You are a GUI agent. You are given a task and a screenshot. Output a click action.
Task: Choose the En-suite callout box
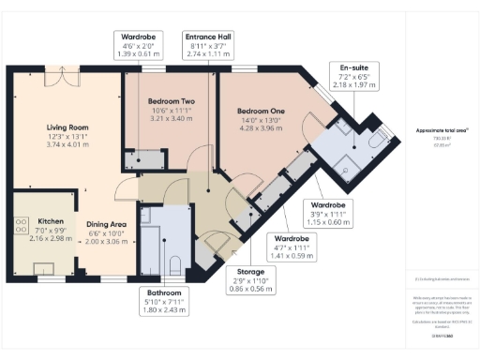point(354,76)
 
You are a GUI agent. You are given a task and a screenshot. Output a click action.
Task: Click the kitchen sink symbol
point(41,269)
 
